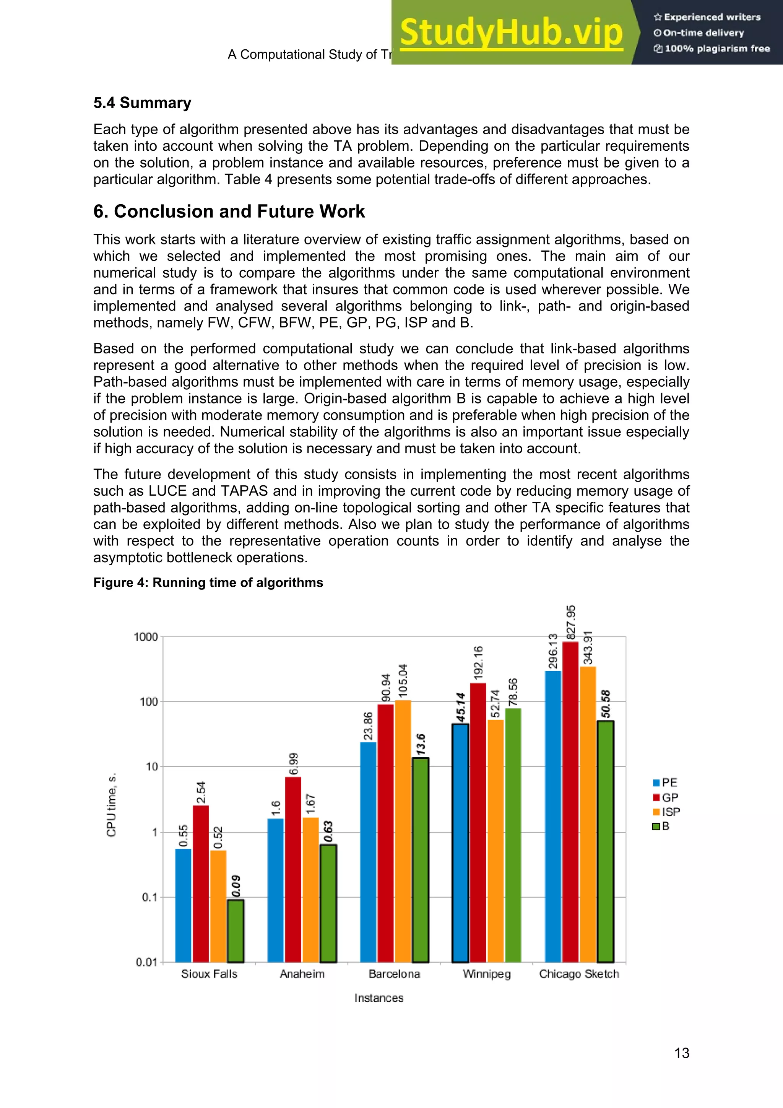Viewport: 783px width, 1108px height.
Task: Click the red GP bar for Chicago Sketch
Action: (x=570, y=801)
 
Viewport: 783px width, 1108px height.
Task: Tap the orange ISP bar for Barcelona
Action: (x=403, y=830)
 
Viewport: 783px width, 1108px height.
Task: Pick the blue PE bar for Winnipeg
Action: (x=460, y=842)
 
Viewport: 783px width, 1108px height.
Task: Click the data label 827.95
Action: (x=571, y=623)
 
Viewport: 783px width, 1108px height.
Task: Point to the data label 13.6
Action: (x=421, y=745)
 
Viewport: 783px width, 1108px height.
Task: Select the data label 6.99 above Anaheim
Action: (x=293, y=764)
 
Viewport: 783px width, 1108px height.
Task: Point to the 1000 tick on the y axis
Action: (x=146, y=637)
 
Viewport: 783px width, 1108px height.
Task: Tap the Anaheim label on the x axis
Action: (x=302, y=974)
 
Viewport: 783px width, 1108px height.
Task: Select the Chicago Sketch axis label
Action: (x=579, y=974)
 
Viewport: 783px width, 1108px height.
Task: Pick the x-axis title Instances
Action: (x=379, y=998)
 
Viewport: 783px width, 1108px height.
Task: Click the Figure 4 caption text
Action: (x=208, y=582)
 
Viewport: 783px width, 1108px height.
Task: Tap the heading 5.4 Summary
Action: (x=142, y=103)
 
